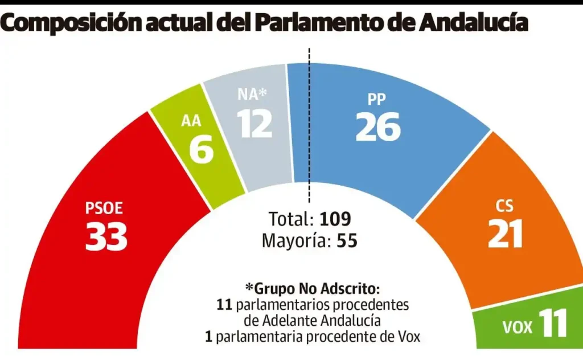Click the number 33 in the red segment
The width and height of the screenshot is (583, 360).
click(x=106, y=236)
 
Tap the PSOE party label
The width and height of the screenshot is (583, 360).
click(x=105, y=209)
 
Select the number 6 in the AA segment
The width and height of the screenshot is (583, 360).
click(x=201, y=150)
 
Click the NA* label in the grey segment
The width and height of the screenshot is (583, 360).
click(x=253, y=94)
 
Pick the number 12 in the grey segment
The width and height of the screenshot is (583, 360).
click(x=256, y=124)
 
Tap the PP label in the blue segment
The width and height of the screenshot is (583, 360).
click(x=376, y=99)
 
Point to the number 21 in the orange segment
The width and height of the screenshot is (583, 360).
click(x=505, y=234)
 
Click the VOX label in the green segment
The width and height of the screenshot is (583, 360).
click(x=518, y=328)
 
